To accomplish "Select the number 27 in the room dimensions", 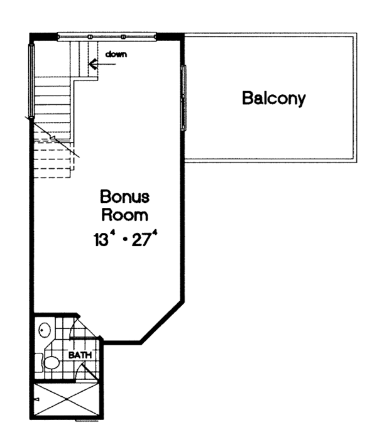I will pyautogui.click(x=139, y=240).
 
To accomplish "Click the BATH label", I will pyautogui.click(x=80, y=355).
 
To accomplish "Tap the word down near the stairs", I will pyautogui.click(x=116, y=54).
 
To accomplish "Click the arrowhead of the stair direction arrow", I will pyautogui.click(x=92, y=63).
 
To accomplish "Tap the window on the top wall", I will pyautogui.click(x=106, y=37).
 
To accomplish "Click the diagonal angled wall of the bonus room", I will pyautogui.click(x=162, y=323).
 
